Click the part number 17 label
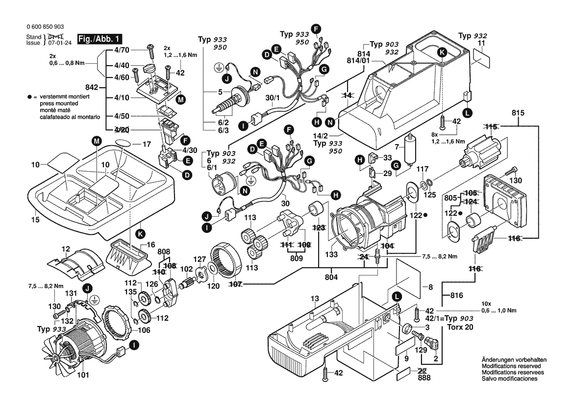point(147,145)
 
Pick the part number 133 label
point(332,255)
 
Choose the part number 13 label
point(314,299)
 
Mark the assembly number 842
point(92,87)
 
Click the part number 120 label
point(213,285)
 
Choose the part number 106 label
point(144,330)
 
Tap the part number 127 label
point(199,260)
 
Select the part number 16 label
point(150,244)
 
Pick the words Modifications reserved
point(511,366)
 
